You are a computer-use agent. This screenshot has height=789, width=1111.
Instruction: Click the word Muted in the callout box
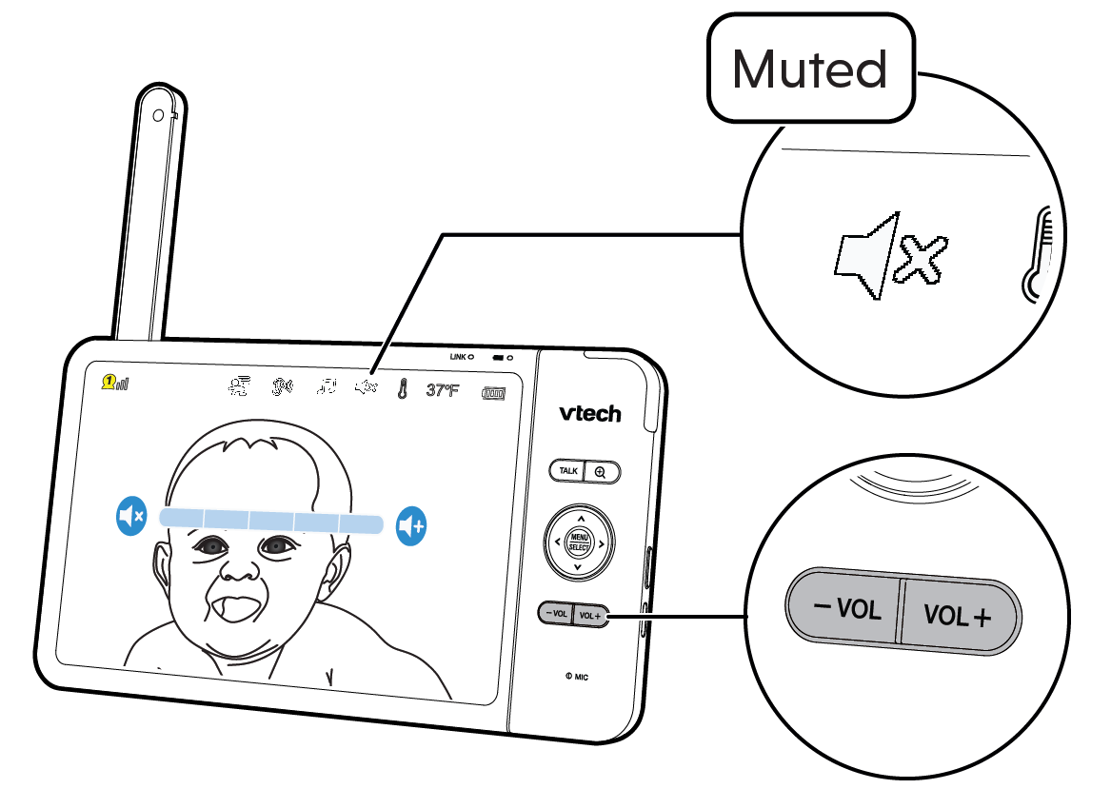click(x=809, y=69)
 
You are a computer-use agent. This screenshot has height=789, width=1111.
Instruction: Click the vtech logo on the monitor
click(x=590, y=413)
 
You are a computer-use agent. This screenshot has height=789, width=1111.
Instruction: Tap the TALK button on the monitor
click(x=568, y=471)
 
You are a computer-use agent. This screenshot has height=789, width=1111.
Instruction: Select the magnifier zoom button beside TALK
click(x=602, y=471)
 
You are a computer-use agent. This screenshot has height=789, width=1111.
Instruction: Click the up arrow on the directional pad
click(x=580, y=520)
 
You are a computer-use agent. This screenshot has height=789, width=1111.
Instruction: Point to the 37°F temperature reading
click(x=443, y=389)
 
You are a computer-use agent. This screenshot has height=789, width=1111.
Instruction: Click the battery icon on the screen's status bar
click(x=493, y=391)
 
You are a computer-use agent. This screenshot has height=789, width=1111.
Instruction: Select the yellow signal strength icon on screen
click(x=116, y=383)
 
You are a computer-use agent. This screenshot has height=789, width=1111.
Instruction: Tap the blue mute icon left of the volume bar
click(x=130, y=518)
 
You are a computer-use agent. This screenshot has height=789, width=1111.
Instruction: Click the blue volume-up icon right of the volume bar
click(x=411, y=524)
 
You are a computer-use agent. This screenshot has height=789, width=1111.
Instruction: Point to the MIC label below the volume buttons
click(x=577, y=677)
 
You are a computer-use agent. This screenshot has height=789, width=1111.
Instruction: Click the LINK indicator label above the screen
click(x=463, y=356)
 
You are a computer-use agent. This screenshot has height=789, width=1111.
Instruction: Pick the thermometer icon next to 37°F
click(x=404, y=388)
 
